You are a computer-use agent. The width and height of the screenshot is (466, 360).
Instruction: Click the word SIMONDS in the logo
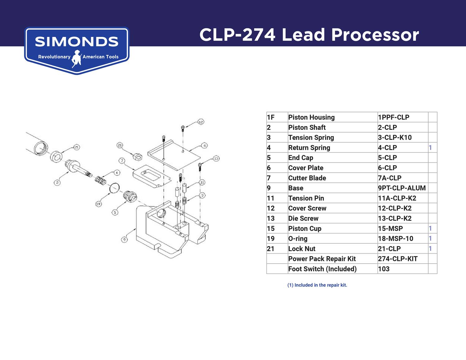click(76, 42)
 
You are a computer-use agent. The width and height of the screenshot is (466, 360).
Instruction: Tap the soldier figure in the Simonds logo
click(76, 58)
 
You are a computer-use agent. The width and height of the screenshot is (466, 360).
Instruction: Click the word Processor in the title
click(375, 34)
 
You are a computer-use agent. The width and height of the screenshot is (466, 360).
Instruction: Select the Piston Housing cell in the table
click(311, 117)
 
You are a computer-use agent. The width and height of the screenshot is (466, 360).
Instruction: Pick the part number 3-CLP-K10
click(395, 138)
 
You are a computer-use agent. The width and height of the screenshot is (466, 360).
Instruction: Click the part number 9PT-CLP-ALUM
click(401, 188)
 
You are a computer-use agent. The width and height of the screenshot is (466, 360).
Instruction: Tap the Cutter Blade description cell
click(307, 178)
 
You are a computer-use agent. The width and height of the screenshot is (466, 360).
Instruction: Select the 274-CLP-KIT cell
click(398, 259)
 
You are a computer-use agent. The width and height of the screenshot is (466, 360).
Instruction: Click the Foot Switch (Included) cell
click(322, 269)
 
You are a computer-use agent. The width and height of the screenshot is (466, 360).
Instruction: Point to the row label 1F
click(271, 117)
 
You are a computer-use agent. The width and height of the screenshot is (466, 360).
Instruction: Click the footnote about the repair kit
click(317, 285)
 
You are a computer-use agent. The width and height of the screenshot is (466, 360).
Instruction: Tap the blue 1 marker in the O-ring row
click(430, 239)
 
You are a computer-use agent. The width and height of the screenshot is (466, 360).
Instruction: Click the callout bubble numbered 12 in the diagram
click(201, 122)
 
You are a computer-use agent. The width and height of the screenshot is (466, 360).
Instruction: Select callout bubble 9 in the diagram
click(124, 239)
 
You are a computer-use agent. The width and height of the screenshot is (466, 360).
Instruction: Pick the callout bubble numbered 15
click(76, 147)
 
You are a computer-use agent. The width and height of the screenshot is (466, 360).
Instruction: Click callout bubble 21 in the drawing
click(120, 145)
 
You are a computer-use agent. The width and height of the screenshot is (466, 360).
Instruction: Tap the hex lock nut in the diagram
click(137, 157)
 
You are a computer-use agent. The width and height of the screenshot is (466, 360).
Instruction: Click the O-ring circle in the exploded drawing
click(114, 188)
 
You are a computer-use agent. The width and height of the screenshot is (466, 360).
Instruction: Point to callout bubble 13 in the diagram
click(216, 158)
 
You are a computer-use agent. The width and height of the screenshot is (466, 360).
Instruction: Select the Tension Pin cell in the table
click(306, 198)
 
